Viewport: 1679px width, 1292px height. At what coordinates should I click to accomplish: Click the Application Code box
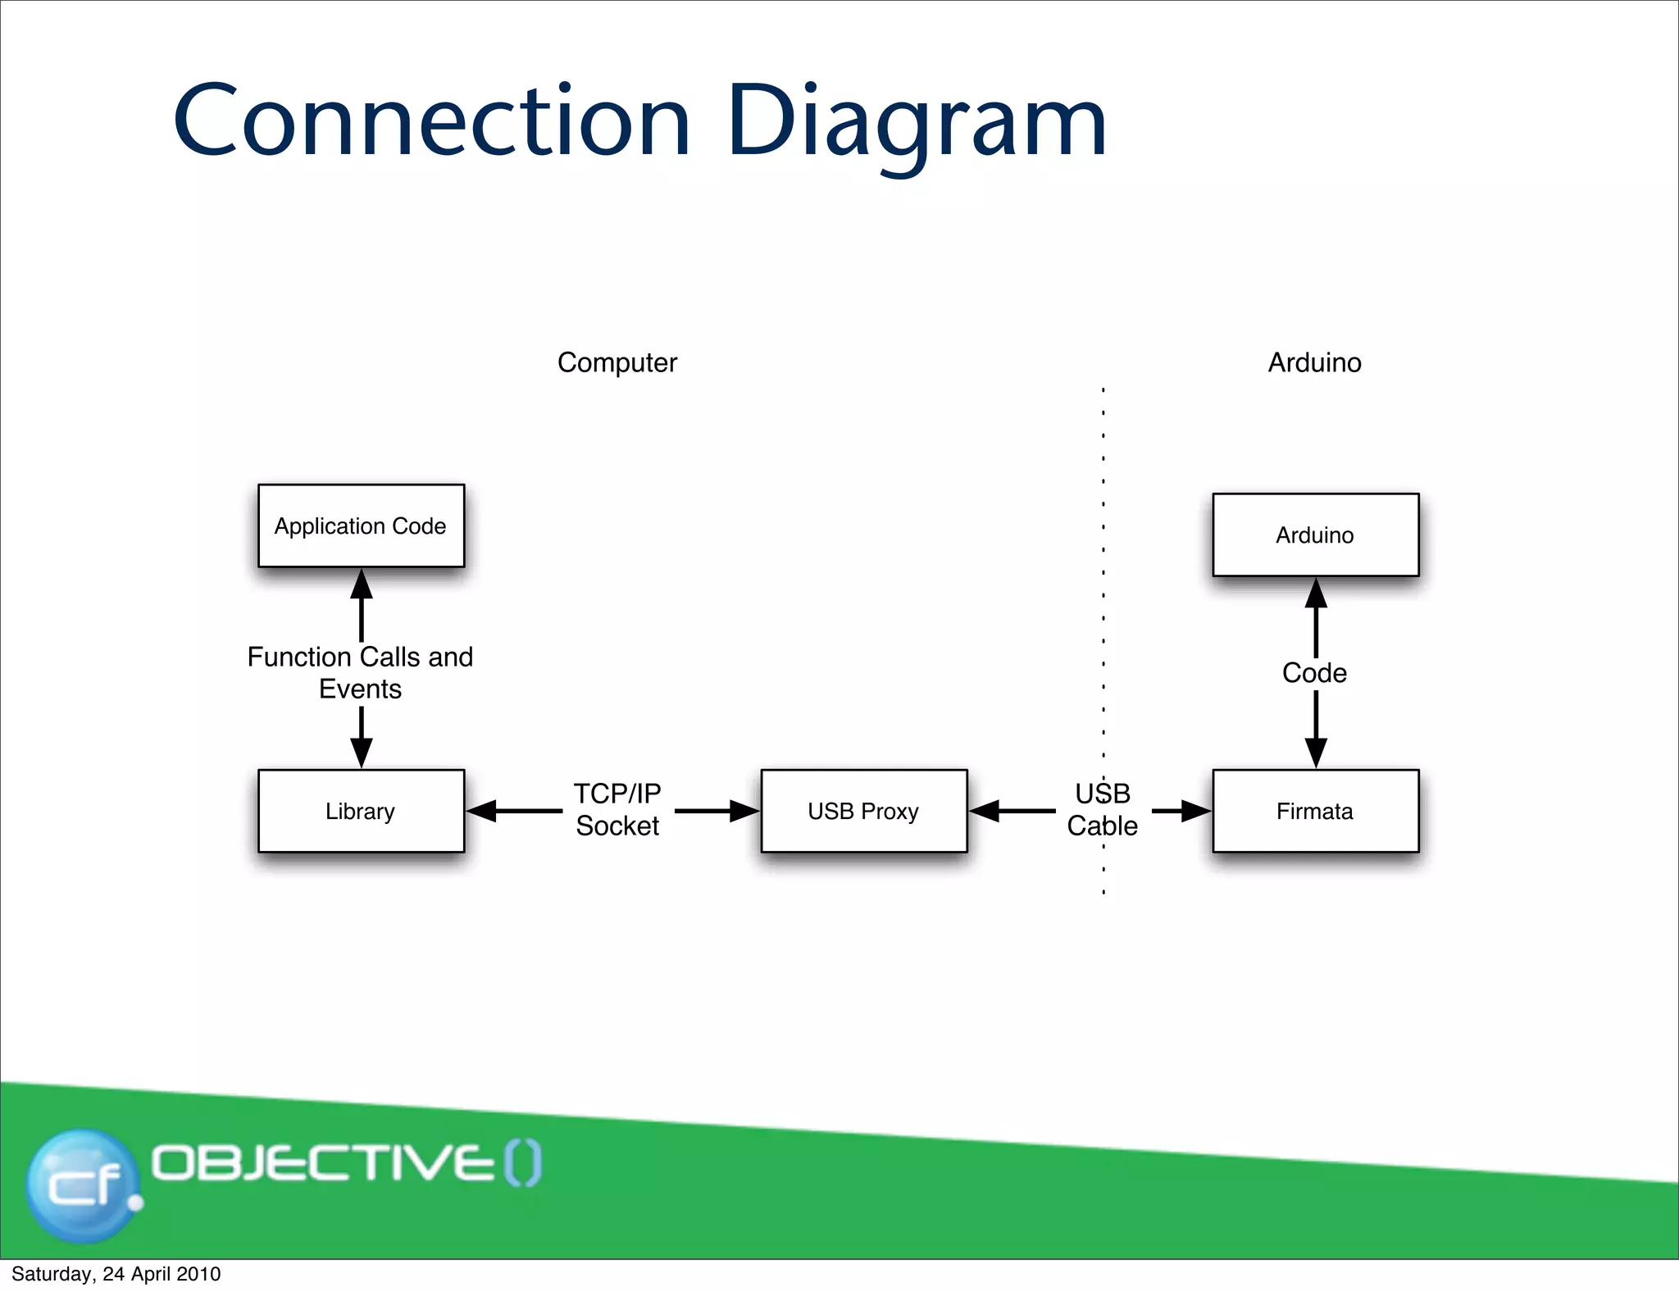361,525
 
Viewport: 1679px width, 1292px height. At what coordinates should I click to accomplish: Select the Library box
361,811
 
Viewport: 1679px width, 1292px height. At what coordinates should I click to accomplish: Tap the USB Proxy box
863,811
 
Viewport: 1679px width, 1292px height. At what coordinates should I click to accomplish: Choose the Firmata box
1315,811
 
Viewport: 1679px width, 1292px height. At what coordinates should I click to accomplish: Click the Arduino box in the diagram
1315,535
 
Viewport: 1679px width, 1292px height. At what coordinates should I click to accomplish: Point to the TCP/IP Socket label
617,809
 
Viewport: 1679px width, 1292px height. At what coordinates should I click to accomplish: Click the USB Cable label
1102,809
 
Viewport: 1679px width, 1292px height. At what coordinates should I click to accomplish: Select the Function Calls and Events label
361,672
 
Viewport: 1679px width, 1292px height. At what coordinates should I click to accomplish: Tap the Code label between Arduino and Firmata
1314,672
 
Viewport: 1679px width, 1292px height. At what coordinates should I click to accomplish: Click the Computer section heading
617,362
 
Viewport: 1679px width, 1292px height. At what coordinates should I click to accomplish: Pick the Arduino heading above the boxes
1314,362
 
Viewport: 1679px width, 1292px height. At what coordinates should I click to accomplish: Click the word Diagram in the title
917,123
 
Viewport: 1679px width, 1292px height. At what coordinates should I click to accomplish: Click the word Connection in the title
432,123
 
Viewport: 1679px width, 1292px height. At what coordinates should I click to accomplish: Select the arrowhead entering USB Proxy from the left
744,811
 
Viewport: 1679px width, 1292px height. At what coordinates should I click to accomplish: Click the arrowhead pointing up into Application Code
362,585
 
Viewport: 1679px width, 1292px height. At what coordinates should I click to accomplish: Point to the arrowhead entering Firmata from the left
1196,811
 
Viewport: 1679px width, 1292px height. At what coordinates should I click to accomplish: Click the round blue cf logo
82,1185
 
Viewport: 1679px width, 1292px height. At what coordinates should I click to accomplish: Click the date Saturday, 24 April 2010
116,1274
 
